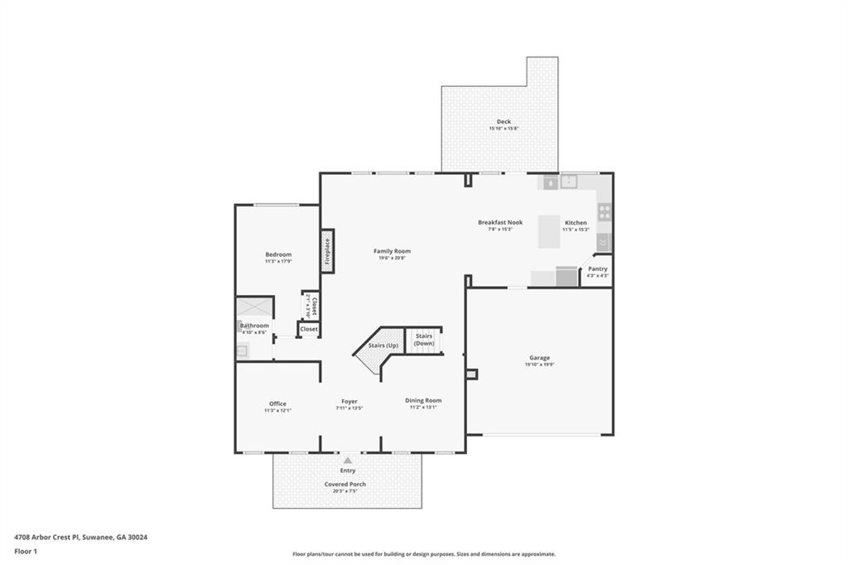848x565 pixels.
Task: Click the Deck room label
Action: (503, 122)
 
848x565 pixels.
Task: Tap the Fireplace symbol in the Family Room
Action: (327, 250)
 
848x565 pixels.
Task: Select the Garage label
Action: (539, 358)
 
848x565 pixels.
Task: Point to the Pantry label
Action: (597, 268)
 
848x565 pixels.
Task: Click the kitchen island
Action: (550, 231)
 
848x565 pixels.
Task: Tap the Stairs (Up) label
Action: (383, 345)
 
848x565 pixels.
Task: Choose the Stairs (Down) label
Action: (424, 340)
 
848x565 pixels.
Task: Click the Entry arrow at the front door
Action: (348, 461)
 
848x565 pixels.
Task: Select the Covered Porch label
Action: (344, 485)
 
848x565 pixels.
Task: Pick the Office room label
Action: (277, 403)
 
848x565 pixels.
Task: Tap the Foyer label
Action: (349, 401)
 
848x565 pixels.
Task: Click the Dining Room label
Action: (422, 400)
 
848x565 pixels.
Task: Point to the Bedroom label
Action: (278, 254)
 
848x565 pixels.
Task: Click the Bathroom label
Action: (254, 326)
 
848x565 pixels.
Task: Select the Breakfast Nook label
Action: (500, 222)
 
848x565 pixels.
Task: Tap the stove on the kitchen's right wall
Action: (605, 212)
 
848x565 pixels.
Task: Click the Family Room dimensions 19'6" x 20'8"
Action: (392, 258)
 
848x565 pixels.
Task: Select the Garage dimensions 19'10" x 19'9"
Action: (539, 365)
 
